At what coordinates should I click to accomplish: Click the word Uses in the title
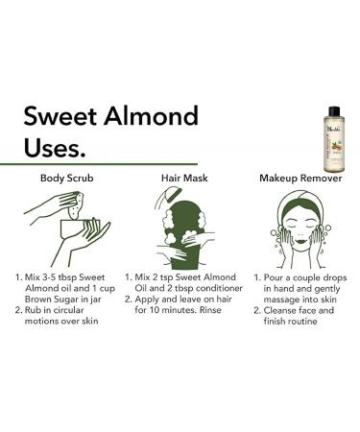[56, 149]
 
